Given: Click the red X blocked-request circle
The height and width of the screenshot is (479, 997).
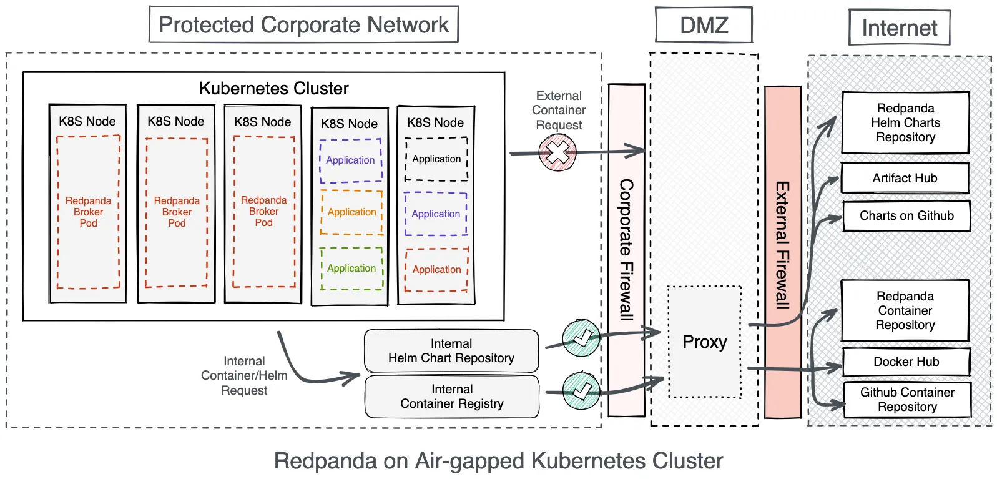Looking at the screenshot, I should click(557, 152).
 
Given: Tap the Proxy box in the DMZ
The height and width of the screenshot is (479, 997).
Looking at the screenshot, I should click(704, 342).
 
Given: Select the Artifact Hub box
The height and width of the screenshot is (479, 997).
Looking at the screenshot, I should click(905, 178).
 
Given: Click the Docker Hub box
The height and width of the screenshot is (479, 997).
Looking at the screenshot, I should click(906, 362).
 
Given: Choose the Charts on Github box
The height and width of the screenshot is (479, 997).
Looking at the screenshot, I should click(906, 215).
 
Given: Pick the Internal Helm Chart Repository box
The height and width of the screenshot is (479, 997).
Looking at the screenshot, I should click(451, 351).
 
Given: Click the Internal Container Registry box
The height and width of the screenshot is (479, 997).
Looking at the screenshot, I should click(451, 397).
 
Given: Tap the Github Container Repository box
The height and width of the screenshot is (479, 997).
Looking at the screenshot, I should click(907, 400).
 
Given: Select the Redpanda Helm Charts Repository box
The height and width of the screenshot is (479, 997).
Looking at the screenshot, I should click(905, 122).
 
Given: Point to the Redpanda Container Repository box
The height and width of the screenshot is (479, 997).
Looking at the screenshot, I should click(905, 310).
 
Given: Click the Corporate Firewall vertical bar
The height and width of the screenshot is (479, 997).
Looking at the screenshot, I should click(626, 250).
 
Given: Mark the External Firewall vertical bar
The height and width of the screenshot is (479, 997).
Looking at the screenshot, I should click(782, 250).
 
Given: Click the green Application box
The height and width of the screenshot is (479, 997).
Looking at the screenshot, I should click(351, 269).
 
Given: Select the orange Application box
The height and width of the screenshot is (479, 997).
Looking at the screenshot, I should click(351, 212).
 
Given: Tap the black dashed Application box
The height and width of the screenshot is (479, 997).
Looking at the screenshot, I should click(436, 159).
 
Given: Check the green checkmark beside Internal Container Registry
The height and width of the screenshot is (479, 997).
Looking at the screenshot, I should click(581, 390).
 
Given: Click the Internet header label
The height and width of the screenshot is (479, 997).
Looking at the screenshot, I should click(899, 27).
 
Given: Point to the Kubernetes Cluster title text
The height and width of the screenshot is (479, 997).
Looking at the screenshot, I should click(273, 88).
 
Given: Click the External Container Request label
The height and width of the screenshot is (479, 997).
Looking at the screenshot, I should click(559, 110).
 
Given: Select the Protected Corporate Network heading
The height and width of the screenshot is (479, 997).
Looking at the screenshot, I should click(303, 25).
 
